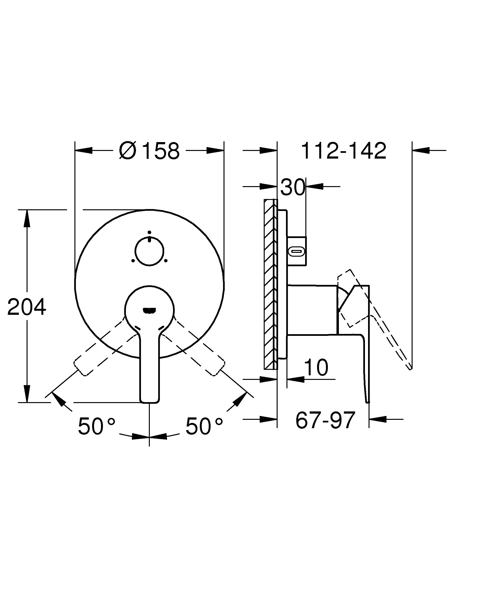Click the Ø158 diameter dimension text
click(149, 151)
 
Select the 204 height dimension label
click(27, 307)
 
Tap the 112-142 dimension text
click(343, 151)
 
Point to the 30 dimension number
click(292, 187)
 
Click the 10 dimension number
click(316, 368)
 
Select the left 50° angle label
click(96, 426)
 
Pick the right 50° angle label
click(204, 426)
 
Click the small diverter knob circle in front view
click(149, 251)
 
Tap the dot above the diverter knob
click(149, 232)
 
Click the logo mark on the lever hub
click(149, 310)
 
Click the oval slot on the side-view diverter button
click(296, 252)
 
